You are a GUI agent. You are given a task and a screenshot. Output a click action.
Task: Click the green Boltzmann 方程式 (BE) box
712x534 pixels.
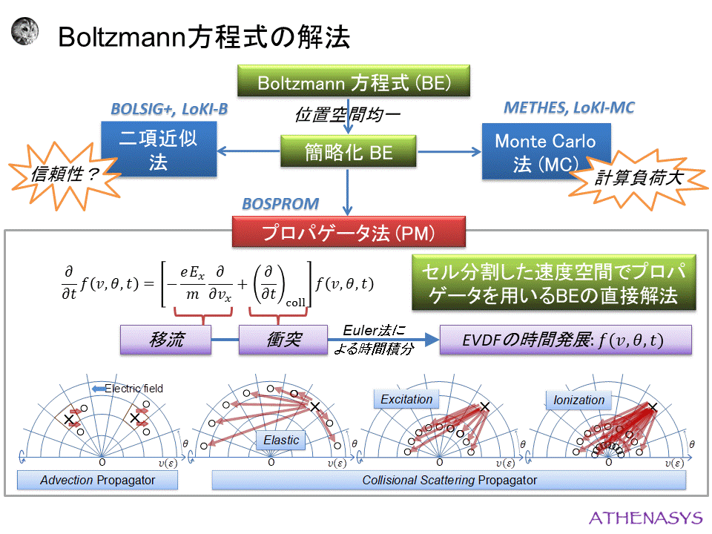pyautogui.click(x=354, y=81)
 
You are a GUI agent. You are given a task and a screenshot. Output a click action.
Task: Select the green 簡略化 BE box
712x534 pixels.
pyautogui.click(x=348, y=152)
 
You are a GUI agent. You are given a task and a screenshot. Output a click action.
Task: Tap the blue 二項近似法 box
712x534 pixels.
pyautogui.click(x=159, y=150)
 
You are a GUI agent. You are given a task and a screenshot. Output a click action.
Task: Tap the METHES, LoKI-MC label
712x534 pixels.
pyautogui.click(x=569, y=108)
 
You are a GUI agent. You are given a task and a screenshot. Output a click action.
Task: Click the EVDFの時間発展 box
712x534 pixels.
pyautogui.click(x=565, y=340)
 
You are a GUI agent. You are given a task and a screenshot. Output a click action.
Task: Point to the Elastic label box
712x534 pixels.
pyautogui.click(x=282, y=441)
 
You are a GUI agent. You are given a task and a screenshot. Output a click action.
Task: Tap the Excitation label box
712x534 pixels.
pyautogui.click(x=406, y=400)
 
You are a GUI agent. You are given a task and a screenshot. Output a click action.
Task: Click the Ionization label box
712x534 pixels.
pyautogui.click(x=578, y=400)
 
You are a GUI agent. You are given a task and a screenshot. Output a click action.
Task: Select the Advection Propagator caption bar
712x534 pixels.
pyautogui.click(x=98, y=481)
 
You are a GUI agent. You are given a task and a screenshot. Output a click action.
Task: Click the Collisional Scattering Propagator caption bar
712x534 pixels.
pyautogui.click(x=449, y=481)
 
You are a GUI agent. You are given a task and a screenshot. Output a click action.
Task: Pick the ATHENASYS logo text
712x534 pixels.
pyautogui.click(x=643, y=517)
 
